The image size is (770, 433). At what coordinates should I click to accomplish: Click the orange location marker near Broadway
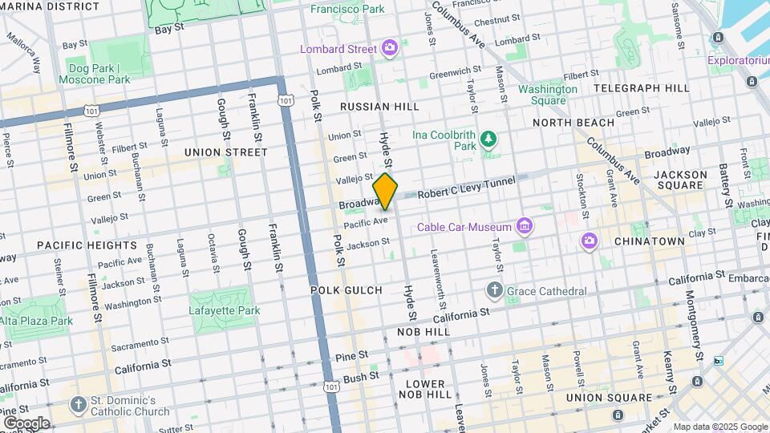point(386,191)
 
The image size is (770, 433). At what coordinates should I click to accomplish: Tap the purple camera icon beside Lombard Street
point(390,49)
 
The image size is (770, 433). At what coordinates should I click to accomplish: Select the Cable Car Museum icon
point(525,227)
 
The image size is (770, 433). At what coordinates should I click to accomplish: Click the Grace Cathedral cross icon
point(495,291)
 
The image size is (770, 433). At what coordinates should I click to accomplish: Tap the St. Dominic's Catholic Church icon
point(78,405)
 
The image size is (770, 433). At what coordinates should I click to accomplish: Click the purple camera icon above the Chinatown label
point(590,241)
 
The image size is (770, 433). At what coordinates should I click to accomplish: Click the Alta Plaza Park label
point(36,321)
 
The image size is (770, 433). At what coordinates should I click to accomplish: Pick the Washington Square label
point(548,95)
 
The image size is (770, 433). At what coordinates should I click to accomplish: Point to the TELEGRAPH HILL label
point(641,88)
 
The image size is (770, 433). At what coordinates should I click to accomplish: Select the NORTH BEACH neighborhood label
point(573,123)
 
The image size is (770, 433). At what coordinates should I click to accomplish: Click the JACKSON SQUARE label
point(680,180)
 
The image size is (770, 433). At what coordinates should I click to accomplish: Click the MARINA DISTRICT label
point(50,6)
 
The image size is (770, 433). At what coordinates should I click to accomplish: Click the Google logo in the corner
point(26,423)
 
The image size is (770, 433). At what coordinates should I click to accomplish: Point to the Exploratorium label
point(738,60)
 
